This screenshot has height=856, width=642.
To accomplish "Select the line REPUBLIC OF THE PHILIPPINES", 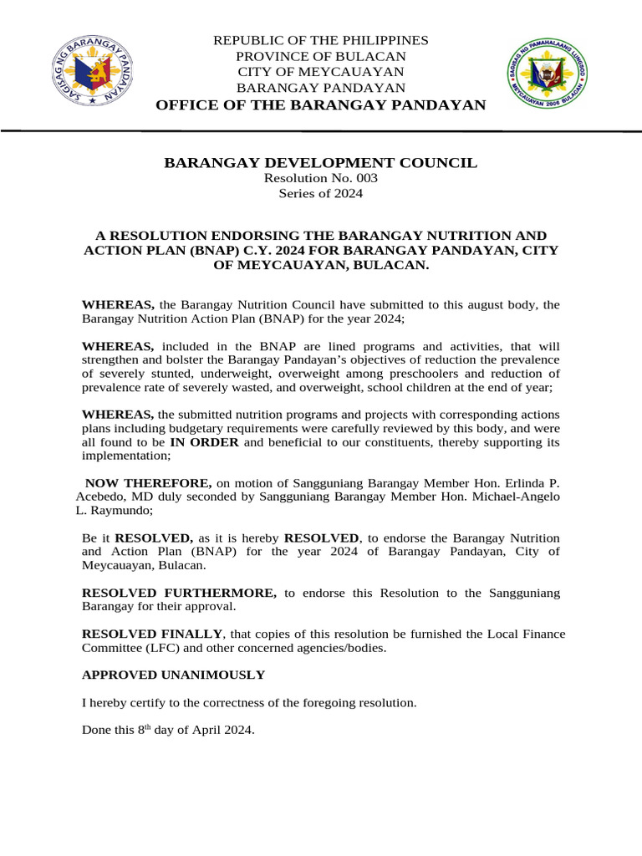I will pyautogui.click(x=321, y=40).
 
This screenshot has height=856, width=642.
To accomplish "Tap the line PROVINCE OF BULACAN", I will pyautogui.click(x=321, y=56).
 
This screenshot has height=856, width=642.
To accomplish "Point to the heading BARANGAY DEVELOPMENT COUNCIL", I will pyautogui.click(x=321, y=163).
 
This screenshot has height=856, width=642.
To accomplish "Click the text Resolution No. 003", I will pyautogui.click(x=321, y=179).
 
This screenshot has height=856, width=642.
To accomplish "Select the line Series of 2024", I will pyautogui.click(x=321, y=194).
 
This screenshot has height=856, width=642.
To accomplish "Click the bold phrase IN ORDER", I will pyautogui.click(x=206, y=442).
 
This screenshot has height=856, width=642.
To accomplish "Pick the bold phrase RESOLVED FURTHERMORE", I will pyautogui.click(x=179, y=593).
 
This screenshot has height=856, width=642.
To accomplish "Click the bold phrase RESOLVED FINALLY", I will pyautogui.click(x=152, y=634).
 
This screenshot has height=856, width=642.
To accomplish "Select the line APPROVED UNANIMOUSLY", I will pyautogui.click(x=173, y=675).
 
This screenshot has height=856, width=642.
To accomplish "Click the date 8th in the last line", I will pyautogui.click(x=147, y=729).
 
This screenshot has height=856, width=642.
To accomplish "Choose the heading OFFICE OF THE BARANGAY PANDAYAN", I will pyautogui.click(x=321, y=104).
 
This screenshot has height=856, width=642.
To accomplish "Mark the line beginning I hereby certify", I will pyautogui.click(x=248, y=702).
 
